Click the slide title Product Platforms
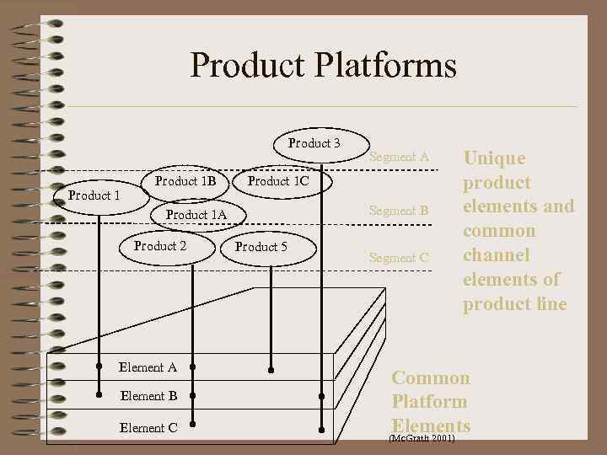point(323,65)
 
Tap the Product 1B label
point(186,181)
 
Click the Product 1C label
point(278,181)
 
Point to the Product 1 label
point(94,195)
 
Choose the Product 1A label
point(196,215)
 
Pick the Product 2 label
point(160,246)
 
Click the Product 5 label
point(261,247)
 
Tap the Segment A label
point(400,157)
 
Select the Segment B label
point(400,211)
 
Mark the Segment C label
point(400,258)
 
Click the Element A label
point(148,367)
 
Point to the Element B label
point(148,395)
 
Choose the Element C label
point(148,427)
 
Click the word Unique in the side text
point(494,158)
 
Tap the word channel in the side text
point(496,255)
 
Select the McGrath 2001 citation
point(422,439)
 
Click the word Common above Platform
point(431,378)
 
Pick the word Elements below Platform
point(431,426)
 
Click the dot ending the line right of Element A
point(193,367)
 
